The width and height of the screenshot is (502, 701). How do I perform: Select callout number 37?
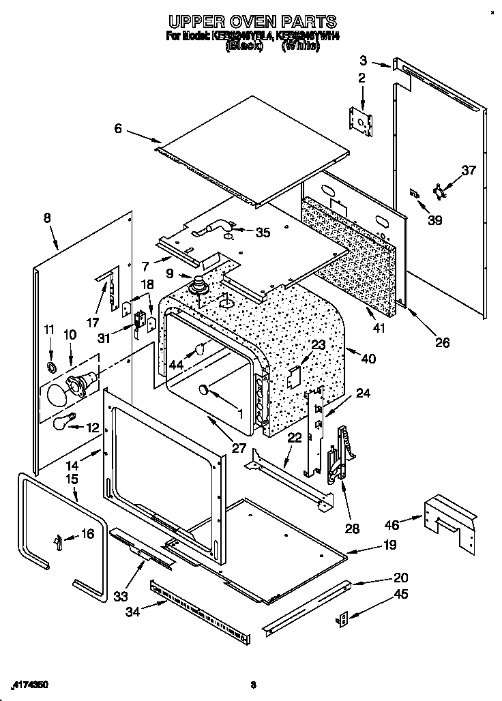pos(467,170)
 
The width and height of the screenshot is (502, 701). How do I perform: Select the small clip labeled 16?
pos(58,541)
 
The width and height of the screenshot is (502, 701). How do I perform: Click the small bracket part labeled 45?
pos(343,618)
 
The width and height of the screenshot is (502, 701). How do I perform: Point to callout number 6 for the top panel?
pos(119,127)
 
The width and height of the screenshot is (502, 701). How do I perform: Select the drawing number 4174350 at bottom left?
pos(30,684)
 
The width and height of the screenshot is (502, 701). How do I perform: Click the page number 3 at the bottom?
pos(253,684)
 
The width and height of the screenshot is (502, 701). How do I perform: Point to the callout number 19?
pos(389,545)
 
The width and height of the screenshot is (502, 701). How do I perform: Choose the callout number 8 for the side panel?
pos(47,218)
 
